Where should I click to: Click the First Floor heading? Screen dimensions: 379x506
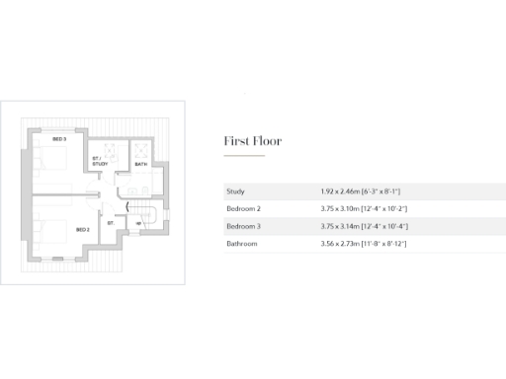tap(252, 141)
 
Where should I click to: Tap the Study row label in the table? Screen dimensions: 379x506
tap(235, 191)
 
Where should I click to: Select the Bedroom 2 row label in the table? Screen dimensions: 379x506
tap(243, 208)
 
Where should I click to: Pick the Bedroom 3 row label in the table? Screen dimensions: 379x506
tap(243, 225)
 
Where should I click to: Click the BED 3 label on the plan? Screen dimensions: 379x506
tap(59, 140)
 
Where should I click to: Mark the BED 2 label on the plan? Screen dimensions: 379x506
tap(83, 229)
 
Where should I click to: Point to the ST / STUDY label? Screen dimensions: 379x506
tap(100, 161)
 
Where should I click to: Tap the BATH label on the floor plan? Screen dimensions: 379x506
tap(140, 164)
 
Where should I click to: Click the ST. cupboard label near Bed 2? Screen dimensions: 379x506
tap(111, 223)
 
